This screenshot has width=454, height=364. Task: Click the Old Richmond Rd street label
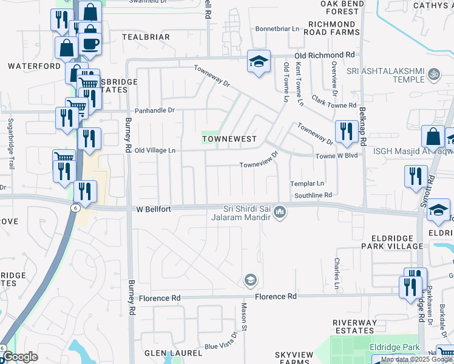pyautogui.click(x=324, y=55)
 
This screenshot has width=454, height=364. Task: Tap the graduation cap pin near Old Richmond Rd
pyautogui.click(x=259, y=62)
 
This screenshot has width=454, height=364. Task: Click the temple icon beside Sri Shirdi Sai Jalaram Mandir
pyautogui.click(x=279, y=212)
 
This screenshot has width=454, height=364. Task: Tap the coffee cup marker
pyautogui.click(x=90, y=44)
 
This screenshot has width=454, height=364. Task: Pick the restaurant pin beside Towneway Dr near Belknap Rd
pyautogui.click(x=346, y=131)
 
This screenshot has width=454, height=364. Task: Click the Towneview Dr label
pyautogui.click(x=259, y=160)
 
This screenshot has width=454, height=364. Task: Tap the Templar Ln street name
pyautogui.click(x=307, y=183)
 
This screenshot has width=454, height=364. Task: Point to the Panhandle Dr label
pyautogui.click(x=154, y=110)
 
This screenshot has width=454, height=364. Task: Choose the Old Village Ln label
pyautogui.click(x=155, y=150)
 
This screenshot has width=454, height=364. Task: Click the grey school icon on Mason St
pyautogui.click(x=249, y=280)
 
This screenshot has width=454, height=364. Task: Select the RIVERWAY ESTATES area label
pyautogui.click(x=354, y=326)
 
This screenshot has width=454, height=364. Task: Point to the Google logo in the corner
pyautogui.click(x=19, y=357)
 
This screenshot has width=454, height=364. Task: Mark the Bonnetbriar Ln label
pyautogui.click(x=277, y=29)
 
